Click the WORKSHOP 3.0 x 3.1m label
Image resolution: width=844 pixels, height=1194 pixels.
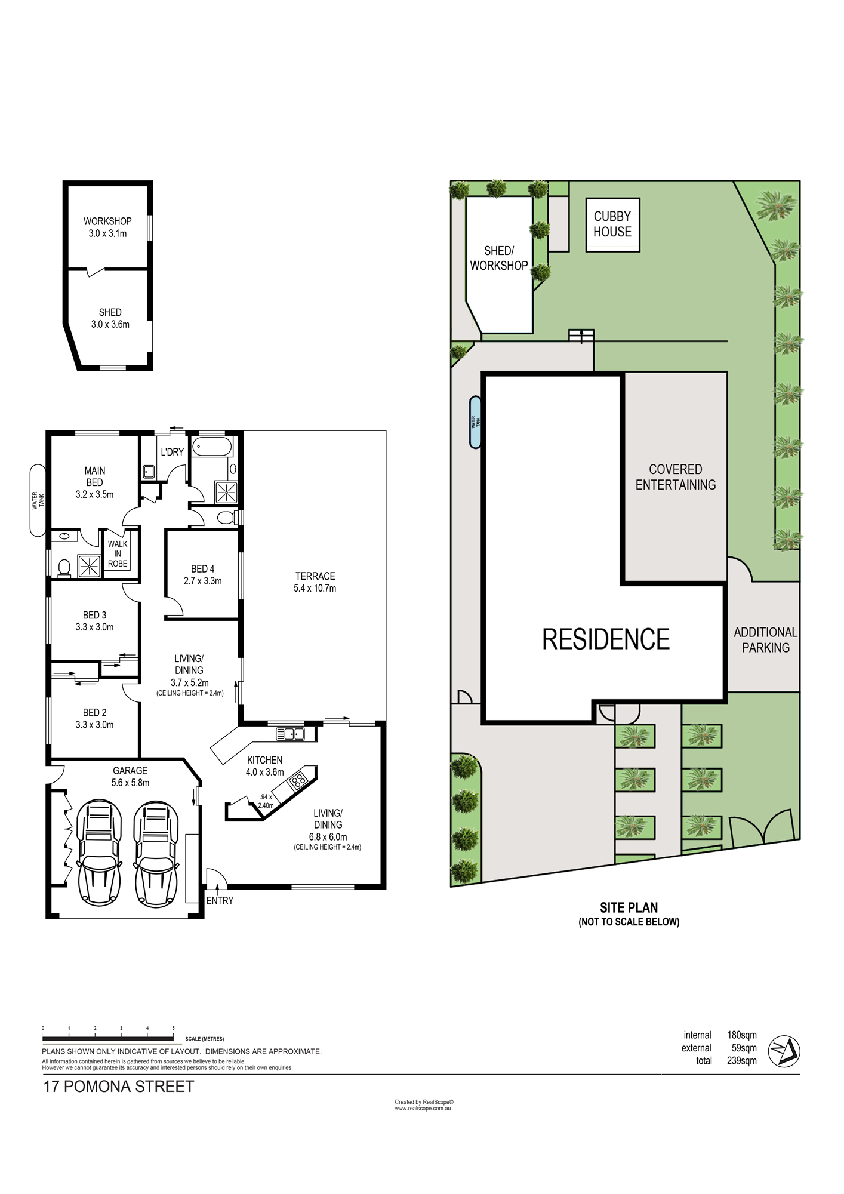107,227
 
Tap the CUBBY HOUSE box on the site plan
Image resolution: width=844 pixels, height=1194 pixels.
612,224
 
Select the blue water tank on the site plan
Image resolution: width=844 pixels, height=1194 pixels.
475,422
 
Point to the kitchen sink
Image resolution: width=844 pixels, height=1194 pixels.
290,734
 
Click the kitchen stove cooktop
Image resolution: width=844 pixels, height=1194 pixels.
298,779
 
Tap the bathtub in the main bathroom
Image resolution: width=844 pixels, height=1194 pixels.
212,447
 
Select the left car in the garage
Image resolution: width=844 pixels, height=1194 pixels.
100,854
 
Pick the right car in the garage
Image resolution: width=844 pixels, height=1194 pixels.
156,854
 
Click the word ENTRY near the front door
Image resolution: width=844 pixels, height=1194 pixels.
220,901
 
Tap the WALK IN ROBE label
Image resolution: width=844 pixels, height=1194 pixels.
118,553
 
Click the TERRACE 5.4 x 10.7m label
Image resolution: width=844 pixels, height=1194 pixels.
315,582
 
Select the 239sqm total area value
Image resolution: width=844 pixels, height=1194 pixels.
742,1061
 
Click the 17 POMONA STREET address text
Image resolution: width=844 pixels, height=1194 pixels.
119,1087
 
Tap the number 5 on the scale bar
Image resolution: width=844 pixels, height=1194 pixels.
174,1028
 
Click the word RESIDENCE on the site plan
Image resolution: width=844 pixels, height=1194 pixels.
606,639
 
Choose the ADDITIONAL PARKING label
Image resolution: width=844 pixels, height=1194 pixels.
766,640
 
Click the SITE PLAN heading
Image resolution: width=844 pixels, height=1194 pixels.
629,907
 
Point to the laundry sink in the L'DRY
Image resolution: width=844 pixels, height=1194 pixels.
149,472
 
